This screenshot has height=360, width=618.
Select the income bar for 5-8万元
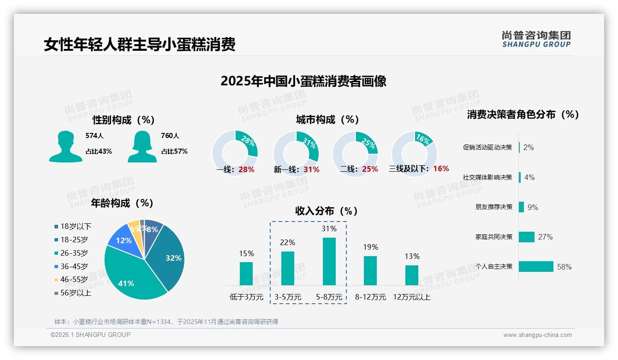[329, 261]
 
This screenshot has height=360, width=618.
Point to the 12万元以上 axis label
[411, 297]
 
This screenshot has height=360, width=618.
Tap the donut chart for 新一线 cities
[296, 153]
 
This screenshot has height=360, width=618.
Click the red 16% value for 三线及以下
[441, 169]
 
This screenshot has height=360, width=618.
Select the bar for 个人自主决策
[536, 267]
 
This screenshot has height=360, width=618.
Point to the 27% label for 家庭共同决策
[545, 237]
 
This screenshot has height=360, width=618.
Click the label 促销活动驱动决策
[487, 148]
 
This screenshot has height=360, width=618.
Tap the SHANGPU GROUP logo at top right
[536, 39]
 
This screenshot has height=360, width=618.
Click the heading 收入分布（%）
[327, 211]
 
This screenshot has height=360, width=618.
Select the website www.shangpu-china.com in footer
[537, 335]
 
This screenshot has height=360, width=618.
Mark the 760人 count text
[170, 136]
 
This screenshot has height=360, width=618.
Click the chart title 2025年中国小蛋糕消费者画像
[303, 81]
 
